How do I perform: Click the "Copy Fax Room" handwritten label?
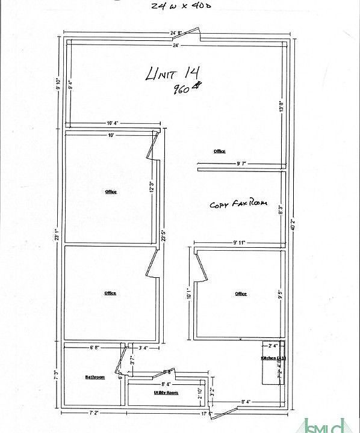pyautogui.click(x=238, y=204)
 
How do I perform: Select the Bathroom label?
pyautogui.click(x=95, y=377)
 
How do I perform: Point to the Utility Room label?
pyautogui.click(x=166, y=392)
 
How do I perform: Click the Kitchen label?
pyautogui.click(x=273, y=358)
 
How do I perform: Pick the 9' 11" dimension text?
pyautogui.click(x=239, y=243)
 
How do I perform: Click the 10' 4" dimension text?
pyautogui.click(x=113, y=123)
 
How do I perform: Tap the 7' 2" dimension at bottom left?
pyautogui.click(x=95, y=414)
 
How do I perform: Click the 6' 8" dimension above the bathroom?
pyautogui.click(x=95, y=348)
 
